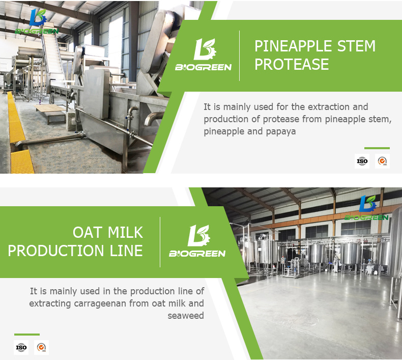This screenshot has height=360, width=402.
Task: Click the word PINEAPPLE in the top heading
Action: tap(293, 46)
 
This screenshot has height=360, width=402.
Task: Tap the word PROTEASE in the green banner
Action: tap(292, 64)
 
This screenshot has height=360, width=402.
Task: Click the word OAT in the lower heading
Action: tap(88, 232)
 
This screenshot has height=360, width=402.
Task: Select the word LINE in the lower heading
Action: tap(126, 251)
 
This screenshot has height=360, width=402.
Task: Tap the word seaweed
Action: tap(186, 315)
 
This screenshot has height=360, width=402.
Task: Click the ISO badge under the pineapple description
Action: tap(362, 161)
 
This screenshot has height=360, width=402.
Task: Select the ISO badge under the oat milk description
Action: tap(21, 347)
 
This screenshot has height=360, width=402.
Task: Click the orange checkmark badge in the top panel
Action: tap(382, 161)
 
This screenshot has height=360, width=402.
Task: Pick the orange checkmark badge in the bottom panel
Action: tap(41, 347)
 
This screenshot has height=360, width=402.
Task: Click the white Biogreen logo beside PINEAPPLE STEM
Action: tap(204, 54)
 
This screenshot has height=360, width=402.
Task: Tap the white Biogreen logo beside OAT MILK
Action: tap(197, 241)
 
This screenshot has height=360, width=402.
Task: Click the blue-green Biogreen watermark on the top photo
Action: tap(37, 22)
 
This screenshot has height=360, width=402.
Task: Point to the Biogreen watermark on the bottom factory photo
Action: tap(366, 208)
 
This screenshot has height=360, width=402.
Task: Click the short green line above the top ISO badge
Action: tap(377, 148)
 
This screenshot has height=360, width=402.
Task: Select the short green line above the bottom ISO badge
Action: tap(27, 335)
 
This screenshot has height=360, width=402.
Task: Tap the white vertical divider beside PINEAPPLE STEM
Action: tap(240, 56)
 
